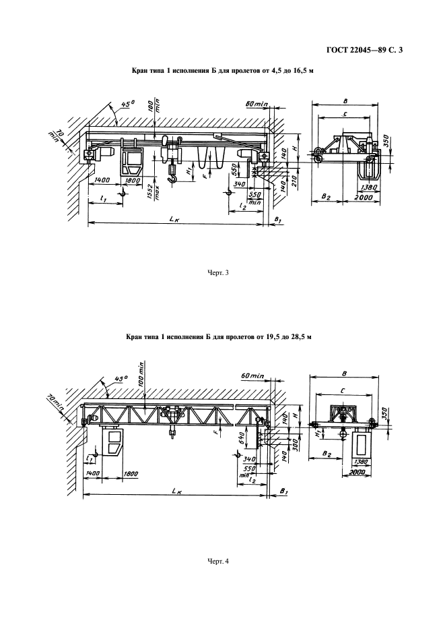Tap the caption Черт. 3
pos(218,273)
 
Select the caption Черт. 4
pos(218,561)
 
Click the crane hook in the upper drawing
pos(172,177)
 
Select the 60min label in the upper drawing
pos(256,104)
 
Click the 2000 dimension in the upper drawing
pos(364,198)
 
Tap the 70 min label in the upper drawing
pos(55,136)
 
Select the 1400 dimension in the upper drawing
pos(103,181)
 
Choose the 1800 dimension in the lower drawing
pos(131,475)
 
